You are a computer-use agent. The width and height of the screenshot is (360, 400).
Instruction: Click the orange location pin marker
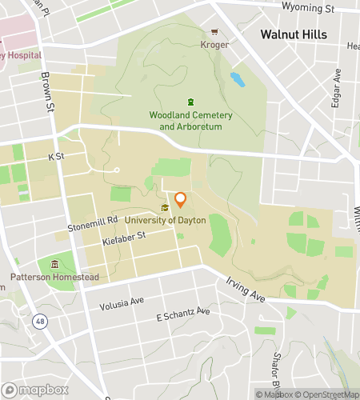(x=181, y=200)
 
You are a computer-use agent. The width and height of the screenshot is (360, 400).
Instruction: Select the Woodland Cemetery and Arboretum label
(x=190, y=121)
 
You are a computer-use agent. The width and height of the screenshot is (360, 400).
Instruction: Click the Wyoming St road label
(x=308, y=8)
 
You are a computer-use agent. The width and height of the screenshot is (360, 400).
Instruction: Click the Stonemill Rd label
(x=93, y=218)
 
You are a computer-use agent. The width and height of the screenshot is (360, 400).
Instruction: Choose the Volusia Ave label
(x=122, y=303)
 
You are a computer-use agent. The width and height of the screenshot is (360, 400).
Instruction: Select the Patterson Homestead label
(x=54, y=277)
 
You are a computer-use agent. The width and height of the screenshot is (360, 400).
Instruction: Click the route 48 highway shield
(x=39, y=321)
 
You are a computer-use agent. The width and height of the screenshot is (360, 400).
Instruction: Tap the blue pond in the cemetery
(x=237, y=79)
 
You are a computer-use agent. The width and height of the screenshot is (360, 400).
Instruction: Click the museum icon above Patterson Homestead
(x=54, y=264)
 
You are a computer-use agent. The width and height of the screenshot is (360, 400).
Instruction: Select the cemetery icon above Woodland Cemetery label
(x=190, y=102)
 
